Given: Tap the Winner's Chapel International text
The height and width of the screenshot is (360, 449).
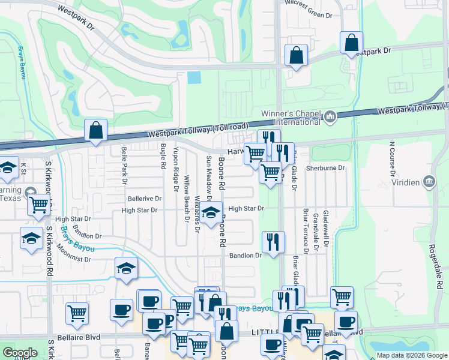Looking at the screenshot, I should coord(291,118).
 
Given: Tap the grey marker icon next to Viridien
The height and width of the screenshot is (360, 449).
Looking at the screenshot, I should coord(429,181).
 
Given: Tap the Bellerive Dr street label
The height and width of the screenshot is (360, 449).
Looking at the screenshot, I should coord(144,198).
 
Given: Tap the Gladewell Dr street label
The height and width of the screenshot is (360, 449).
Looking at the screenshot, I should coord(326,228).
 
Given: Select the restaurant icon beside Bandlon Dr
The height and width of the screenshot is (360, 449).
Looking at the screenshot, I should coord(273,242).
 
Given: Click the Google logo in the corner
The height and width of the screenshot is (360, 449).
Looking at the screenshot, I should coord(20,353).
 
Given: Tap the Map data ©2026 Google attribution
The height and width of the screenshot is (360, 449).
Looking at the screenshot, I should coord(412,355).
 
